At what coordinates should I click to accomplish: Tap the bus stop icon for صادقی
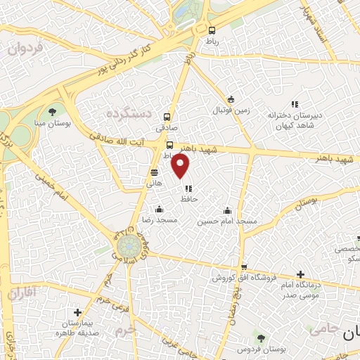click(x=167, y=117)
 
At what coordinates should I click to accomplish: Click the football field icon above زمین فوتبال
click(x=231, y=99)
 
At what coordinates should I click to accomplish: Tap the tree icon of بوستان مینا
click(x=52, y=112)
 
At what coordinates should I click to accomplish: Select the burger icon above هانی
click(x=154, y=172)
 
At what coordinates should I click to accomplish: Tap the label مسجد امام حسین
click(x=227, y=221)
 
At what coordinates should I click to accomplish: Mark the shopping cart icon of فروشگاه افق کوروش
click(x=243, y=267)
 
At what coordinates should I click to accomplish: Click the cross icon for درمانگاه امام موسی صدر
click(x=300, y=274)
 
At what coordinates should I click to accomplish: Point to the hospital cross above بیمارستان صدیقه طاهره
click(x=77, y=312)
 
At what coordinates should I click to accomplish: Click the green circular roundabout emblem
click(x=127, y=246)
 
